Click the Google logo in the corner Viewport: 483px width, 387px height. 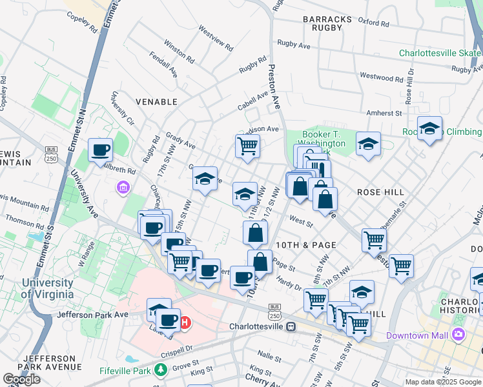coord(21,379)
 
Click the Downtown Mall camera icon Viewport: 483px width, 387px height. coord(458,334)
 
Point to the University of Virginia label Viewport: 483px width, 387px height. coord(46,288)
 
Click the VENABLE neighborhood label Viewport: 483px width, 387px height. coord(156,101)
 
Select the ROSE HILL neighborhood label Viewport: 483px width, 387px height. coord(380,192)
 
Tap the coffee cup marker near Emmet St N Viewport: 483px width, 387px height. coord(101,150)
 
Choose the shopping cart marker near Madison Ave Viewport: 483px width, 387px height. coord(247,146)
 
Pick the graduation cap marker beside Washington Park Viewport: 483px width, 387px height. coord(368,144)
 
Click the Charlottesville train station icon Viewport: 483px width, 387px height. coord(291,326)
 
